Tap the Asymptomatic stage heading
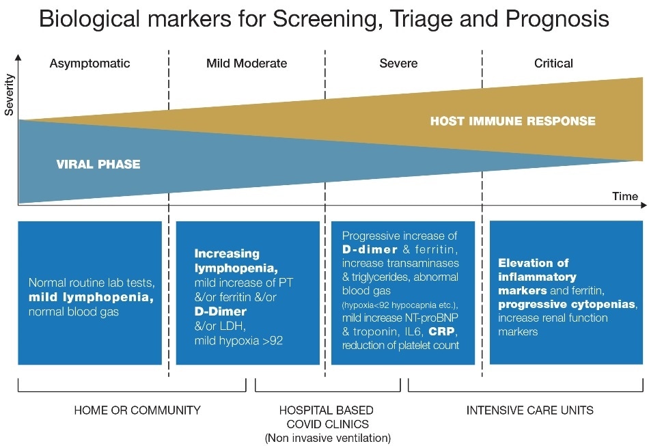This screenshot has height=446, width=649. [89, 64]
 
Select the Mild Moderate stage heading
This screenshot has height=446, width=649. [247, 64]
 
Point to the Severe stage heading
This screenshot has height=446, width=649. [398, 64]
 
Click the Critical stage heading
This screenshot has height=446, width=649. [553, 64]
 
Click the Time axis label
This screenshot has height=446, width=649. [624, 196]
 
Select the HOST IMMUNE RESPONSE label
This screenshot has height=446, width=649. [512, 122]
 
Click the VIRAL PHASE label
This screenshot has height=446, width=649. [98, 165]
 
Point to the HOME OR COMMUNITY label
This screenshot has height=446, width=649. [137, 410]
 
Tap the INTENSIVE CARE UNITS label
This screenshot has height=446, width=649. [529, 410]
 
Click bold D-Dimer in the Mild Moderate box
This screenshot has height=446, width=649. [221, 311]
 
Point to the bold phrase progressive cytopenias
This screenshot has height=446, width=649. [566, 304]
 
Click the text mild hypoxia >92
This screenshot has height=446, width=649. [238, 340]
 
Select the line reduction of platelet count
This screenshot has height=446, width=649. [400, 345]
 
